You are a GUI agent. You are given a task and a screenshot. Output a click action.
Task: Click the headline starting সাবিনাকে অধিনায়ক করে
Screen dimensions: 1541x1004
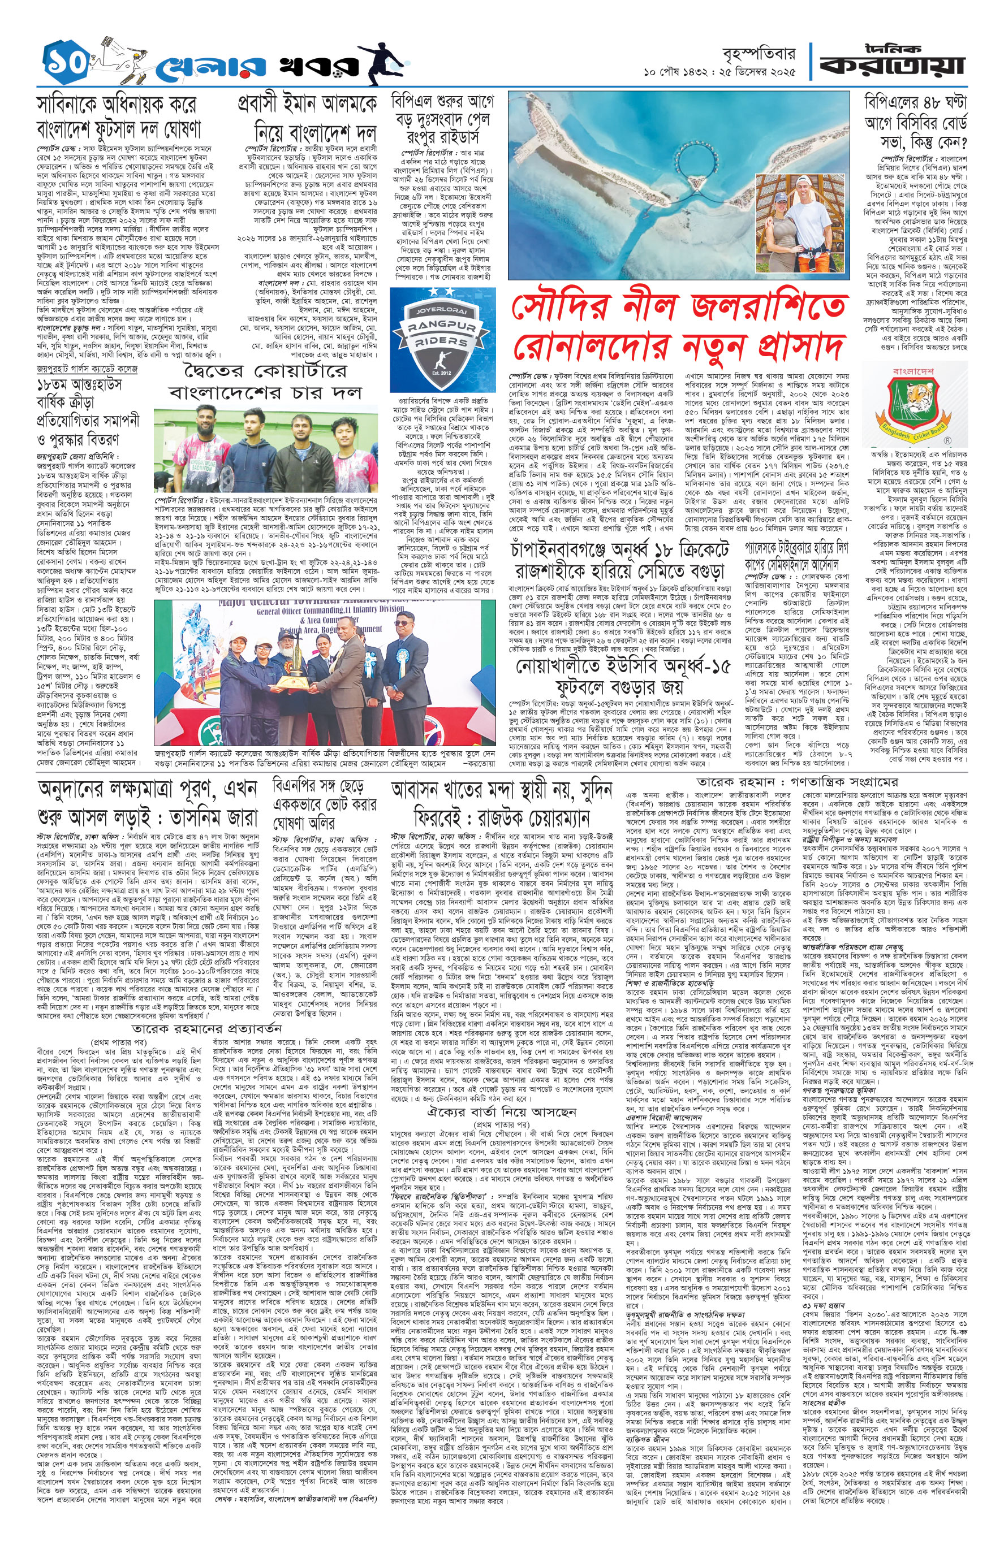click(x=119, y=117)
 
